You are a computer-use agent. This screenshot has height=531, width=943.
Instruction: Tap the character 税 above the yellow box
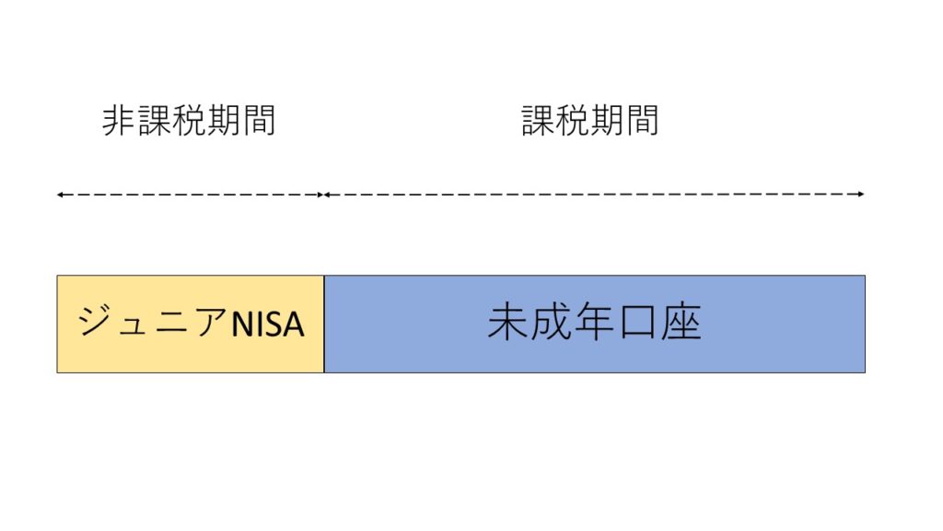189,121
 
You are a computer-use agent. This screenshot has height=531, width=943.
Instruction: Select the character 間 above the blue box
643,121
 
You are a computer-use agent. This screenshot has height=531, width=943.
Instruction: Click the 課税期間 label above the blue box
590,121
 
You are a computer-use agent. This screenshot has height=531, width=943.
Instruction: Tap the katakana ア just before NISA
211,321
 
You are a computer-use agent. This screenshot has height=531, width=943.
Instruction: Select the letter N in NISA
243,324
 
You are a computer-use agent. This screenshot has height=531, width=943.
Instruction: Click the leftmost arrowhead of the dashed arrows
60,195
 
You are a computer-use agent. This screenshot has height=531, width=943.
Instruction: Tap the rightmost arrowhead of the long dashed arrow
861,194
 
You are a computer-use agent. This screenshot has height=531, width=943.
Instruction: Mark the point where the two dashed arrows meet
323,195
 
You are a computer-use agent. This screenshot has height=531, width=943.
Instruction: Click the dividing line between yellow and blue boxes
324,324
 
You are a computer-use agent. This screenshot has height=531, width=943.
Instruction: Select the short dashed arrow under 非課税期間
190,195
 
